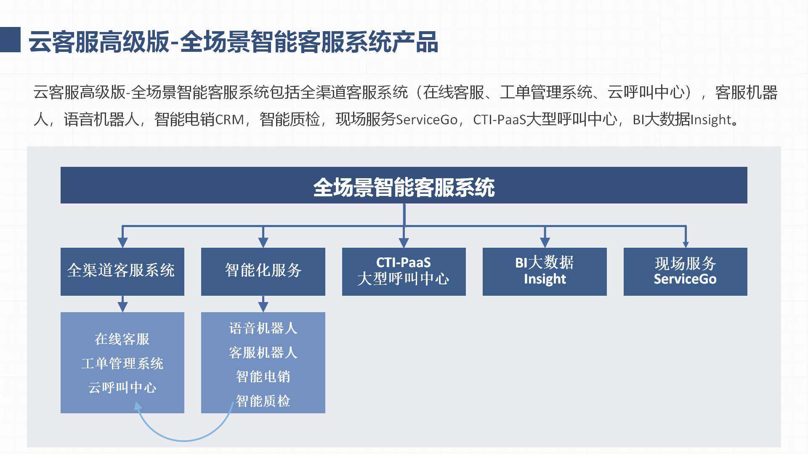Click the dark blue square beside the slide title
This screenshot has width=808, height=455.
(10, 40)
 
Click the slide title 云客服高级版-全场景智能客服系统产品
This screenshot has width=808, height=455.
(234, 42)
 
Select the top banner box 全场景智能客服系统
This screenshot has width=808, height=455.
(404, 185)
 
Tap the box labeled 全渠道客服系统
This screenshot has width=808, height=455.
(122, 272)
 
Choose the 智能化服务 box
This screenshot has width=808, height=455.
(263, 272)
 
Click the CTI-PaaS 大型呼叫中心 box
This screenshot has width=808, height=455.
(404, 272)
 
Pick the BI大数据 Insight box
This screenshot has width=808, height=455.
(545, 272)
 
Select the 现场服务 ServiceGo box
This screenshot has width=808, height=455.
(686, 272)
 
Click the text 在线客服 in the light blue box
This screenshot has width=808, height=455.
(122, 339)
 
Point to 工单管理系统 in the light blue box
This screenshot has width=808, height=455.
(122, 364)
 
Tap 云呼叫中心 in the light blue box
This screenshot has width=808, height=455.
(122, 388)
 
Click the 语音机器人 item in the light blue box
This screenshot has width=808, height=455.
(263, 328)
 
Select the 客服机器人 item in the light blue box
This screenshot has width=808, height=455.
(263, 353)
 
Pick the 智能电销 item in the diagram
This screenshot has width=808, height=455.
(263, 377)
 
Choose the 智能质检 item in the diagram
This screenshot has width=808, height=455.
(263, 401)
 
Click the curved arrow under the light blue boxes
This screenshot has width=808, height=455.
(184, 441)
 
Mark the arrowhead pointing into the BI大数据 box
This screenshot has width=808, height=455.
(545, 242)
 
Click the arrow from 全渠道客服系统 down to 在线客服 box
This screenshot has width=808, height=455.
(122, 304)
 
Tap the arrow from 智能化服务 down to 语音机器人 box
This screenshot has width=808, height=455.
(263, 304)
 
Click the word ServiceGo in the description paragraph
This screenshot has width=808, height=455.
(427, 120)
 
